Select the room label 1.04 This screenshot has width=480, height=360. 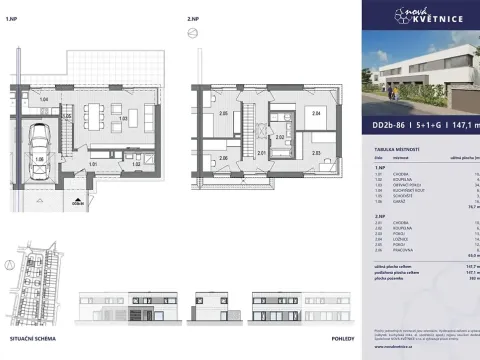tap(43, 99)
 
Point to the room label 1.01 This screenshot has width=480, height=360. tap(93, 162)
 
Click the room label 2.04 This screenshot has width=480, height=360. tap(316, 115)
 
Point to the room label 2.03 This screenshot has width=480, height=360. tap(316, 153)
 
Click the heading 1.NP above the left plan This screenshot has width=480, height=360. tap(11, 19)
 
